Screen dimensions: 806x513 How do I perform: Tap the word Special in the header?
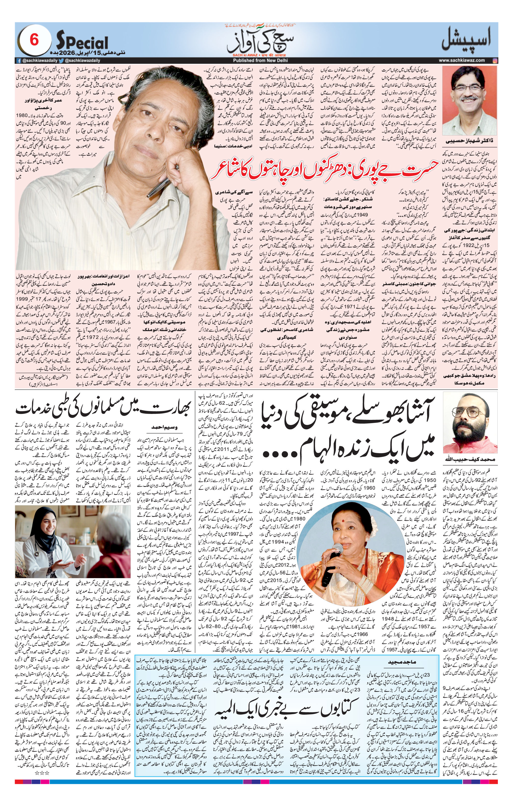coord(82,42)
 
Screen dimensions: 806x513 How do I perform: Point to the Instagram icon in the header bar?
coord(495,60)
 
